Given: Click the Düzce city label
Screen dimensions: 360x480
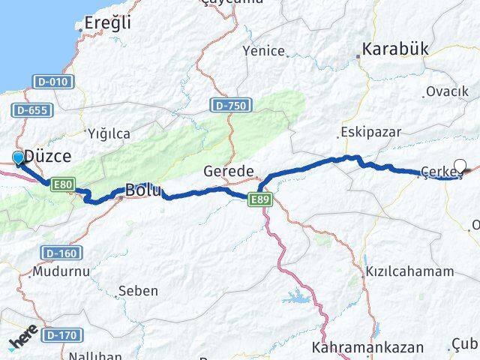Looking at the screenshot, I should coord(47,156).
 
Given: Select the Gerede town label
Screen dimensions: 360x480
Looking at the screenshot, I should coord(229,172).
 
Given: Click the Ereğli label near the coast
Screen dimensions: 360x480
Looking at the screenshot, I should coord(109,22).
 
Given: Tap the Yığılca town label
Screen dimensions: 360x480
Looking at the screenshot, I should coord(109,133).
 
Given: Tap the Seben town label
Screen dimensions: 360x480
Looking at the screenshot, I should coord(139,290).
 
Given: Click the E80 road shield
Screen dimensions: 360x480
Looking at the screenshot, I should coord(62,183).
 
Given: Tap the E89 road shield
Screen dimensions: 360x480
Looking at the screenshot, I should coord(260,198).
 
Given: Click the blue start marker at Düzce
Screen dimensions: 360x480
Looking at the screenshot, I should coord(19,157).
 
